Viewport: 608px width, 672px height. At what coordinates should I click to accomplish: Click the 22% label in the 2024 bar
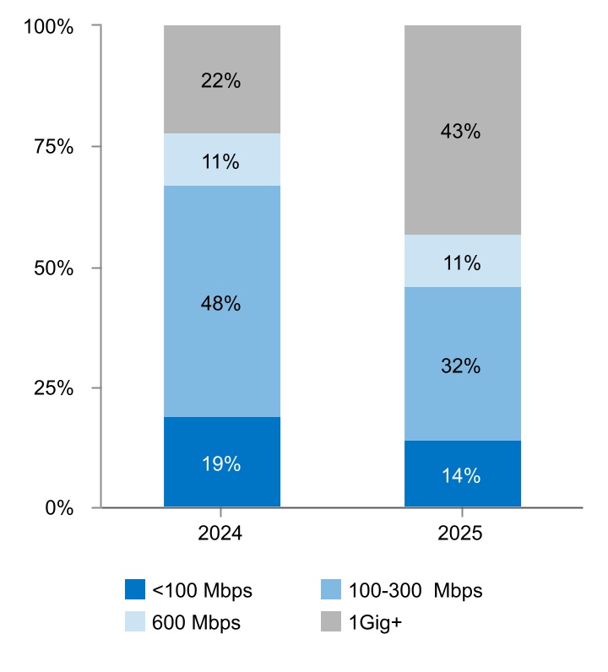[221, 81]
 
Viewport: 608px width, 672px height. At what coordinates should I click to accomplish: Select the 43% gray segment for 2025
[462, 131]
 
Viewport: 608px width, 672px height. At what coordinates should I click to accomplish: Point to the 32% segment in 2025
[462, 366]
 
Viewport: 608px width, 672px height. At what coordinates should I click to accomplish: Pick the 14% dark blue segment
[462, 475]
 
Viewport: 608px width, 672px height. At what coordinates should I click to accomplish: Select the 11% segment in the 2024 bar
[221, 160]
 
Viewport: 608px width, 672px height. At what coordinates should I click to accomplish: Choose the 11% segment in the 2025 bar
[462, 262]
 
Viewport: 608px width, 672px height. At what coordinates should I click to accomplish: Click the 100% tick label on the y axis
[52, 26]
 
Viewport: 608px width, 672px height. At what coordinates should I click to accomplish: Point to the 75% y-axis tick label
[57, 147]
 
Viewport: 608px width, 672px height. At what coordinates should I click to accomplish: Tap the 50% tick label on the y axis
[57, 268]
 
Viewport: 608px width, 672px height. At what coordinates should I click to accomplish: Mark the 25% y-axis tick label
[57, 388]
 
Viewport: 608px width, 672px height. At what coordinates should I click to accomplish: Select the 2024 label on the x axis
[221, 534]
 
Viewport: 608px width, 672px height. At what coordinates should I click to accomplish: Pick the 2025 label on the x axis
[462, 534]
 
